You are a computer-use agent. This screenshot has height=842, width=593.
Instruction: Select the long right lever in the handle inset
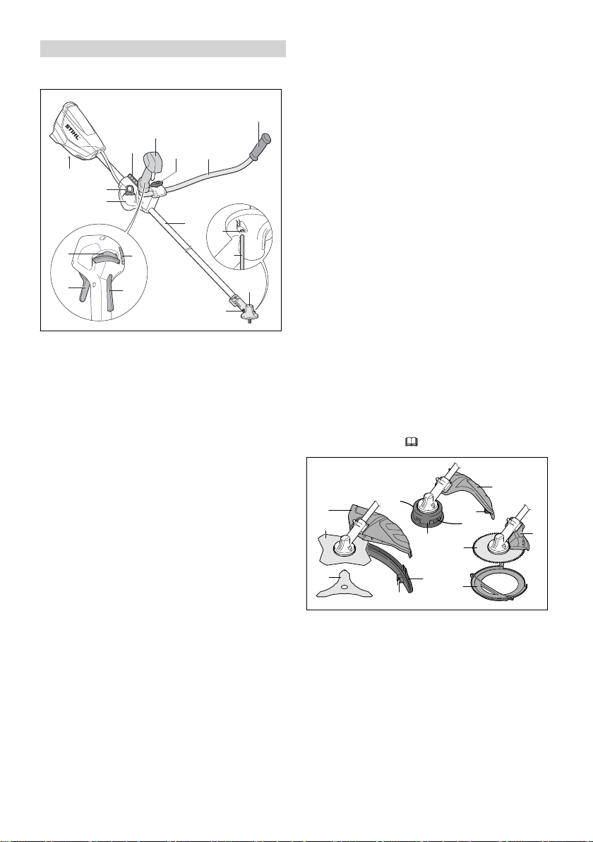click(x=111, y=292)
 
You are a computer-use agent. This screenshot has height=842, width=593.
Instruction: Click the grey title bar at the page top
click(x=163, y=48)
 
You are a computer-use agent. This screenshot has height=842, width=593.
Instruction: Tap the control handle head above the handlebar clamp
click(x=152, y=163)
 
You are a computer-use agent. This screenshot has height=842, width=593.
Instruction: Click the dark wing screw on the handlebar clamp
click(x=157, y=184)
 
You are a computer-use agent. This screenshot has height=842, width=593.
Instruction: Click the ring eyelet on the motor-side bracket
click(x=129, y=189)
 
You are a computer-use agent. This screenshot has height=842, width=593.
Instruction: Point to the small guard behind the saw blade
click(x=517, y=541)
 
